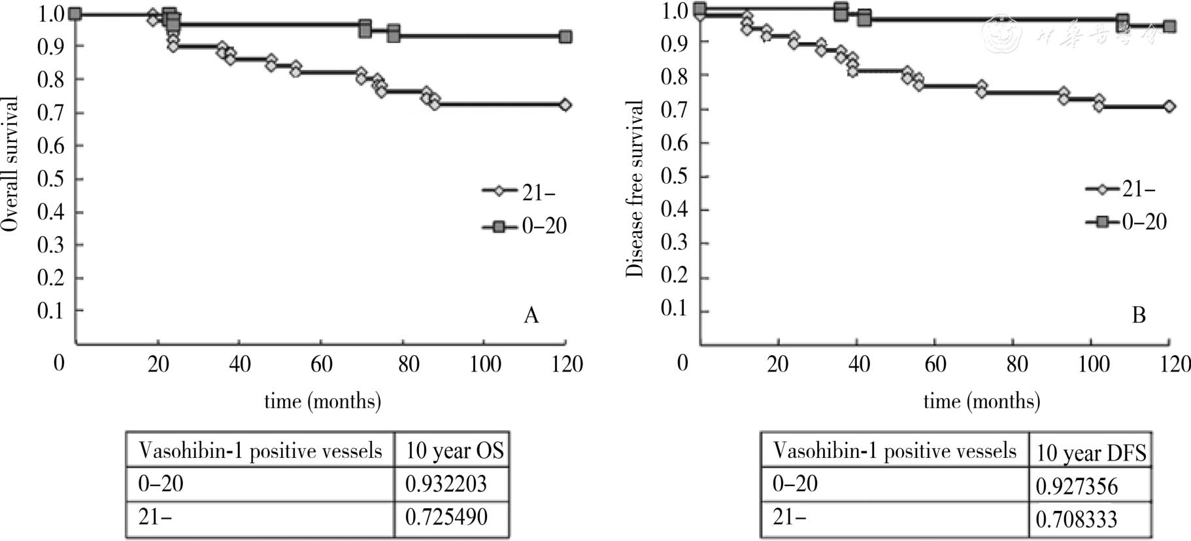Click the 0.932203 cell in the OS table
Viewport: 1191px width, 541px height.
coord(446,484)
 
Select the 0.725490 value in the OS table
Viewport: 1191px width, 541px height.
coord(446,517)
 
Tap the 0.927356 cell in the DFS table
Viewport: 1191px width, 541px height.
coord(1077,487)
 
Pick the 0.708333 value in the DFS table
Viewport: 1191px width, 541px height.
coord(1077,519)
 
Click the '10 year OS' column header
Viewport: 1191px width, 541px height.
coord(454,451)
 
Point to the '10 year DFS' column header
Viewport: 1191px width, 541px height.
coord(1091,453)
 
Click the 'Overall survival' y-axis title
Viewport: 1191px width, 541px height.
coord(10,164)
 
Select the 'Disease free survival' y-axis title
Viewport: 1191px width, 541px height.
coord(635,188)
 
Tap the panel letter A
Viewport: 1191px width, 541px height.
coord(531,316)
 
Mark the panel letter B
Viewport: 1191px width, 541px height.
coord(1139,315)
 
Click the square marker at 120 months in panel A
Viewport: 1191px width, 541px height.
coord(565,37)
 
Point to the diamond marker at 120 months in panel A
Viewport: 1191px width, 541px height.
coord(565,105)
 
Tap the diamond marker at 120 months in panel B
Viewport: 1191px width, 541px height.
coord(1169,106)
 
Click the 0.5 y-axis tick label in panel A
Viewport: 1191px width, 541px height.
coord(51,179)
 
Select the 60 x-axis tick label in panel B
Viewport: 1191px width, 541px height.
coord(935,364)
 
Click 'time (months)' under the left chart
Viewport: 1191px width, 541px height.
coord(322,400)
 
